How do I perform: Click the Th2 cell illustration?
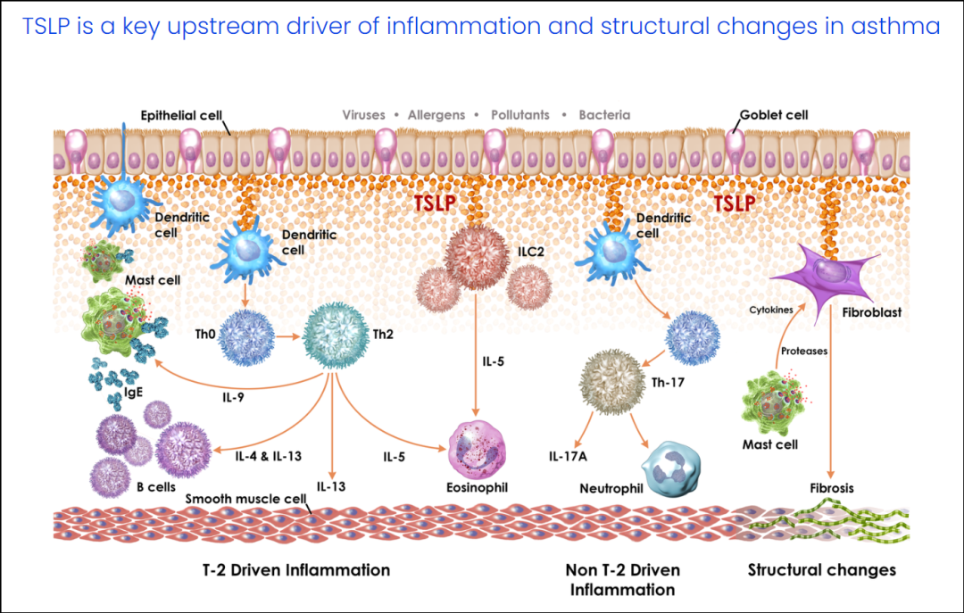coord(334,336)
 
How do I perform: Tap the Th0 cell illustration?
coord(244,337)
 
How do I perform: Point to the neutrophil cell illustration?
coord(671,466)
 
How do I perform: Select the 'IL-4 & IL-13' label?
coord(268,456)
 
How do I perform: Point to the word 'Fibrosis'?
coord(832,488)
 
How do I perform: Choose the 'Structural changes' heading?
coord(821,569)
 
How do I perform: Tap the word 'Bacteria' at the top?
coord(604,115)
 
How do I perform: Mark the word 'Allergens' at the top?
coord(436,115)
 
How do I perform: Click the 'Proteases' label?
coord(805,351)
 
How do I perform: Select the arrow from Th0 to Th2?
coord(287,337)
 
